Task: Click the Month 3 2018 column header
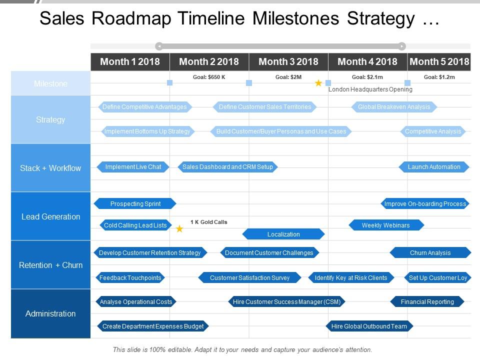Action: pyautogui.click(x=288, y=61)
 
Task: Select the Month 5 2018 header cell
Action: pyautogui.click(x=439, y=61)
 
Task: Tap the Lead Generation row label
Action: pyautogui.click(x=50, y=216)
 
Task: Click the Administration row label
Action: pyautogui.click(x=50, y=313)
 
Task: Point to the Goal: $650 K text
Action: pyautogui.click(x=209, y=77)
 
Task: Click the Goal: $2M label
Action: pyautogui.click(x=288, y=77)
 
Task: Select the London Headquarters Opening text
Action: pyautogui.click(x=370, y=89)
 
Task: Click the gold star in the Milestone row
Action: pyautogui.click(x=318, y=83)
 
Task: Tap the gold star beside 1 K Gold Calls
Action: pyautogui.click(x=179, y=229)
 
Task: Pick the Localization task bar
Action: pyautogui.click(x=283, y=234)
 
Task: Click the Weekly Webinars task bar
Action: pyautogui.click(x=385, y=225)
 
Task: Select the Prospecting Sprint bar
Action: pyautogui.click(x=135, y=203)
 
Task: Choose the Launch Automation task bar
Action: pyautogui.click(x=434, y=167)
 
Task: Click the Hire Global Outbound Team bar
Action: pyautogui.click(x=369, y=326)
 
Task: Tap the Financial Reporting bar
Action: pyautogui.click(x=427, y=301)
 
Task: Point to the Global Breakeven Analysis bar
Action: pyautogui.click(x=394, y=107)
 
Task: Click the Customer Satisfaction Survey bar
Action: pyautogui.click(x=249, y=277)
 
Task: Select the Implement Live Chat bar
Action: pyautogui.click(x=133, y=167)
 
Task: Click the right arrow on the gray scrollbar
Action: pyautogui.click(x=402, y=46)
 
